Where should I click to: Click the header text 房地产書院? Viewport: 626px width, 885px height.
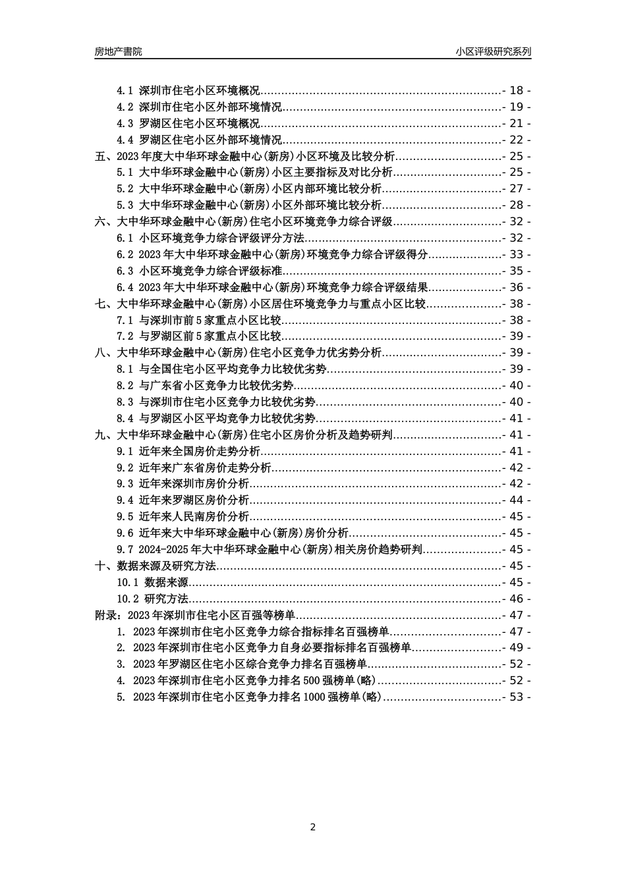pyautogui.click(x=118, y=51)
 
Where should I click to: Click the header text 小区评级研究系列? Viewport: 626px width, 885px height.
pyautogui.click(x=493, y=51)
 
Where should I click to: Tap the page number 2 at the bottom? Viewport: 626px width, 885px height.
pyautogui.click(x=313, y=827)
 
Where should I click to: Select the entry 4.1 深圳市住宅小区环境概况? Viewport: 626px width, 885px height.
pyautogui.click(x=188, y=90)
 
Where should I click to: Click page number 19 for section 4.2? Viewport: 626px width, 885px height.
pyautogui.click(x=516, y=107)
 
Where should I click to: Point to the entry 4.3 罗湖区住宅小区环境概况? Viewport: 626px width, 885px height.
pyautogui.click(x=188, y=123)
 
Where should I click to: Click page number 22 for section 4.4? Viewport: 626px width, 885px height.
pyautogui.click(x=516, y=140)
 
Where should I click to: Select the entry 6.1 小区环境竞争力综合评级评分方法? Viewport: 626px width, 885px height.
pyautogui.click(x=210, y=238)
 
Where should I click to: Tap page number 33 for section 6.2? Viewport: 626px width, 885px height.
pyautogui.click(x=516, y=255)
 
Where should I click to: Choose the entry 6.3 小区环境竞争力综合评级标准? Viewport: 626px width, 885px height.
pyautogui.click(x=200, y=271)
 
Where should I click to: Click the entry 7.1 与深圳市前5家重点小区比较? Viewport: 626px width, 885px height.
pyautogui.click(x=199, y=320)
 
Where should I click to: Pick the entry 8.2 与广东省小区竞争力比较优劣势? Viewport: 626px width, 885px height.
pyautogui.click(x=205, y=386)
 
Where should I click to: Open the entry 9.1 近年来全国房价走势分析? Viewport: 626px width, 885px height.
pyautogui.click(x=188, y=451)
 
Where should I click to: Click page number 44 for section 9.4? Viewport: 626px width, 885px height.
pyautogui.click(x=516, y=500)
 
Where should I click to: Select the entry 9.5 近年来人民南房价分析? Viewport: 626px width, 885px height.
pyautogui.click(x=183, y=517)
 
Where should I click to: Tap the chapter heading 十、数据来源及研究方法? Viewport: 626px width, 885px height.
pyautogui.click(x=156, y=566)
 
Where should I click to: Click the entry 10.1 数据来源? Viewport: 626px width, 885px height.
pyautogui.click(x=152, y=582)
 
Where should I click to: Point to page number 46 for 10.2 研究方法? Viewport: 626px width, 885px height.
pyautogui.click(x=516, y=599)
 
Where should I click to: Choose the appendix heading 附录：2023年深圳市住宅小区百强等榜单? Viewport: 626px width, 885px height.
pyautogui.click(x=195, y=615)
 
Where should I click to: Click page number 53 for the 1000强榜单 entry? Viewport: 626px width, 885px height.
pyautogui.click(x=516, y=697)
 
